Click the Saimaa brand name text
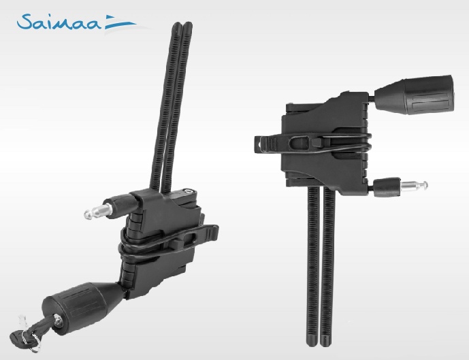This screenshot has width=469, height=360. coord(59,22)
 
